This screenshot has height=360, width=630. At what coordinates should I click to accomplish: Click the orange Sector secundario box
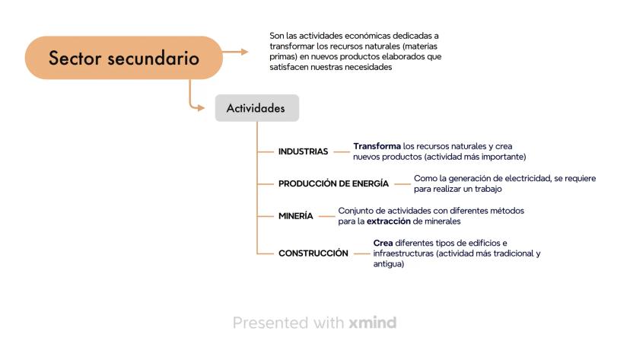[x=124, y=57]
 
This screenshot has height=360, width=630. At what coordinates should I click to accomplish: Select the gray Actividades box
[x=257, y=108]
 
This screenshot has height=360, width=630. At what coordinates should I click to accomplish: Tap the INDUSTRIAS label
[x=304, y=151]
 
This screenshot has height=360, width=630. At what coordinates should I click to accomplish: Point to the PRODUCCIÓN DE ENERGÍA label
[x=333, y=183]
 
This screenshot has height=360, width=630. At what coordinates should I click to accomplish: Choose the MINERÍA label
[x=296, y=216]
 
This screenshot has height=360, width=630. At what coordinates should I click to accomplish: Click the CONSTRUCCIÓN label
[x=313, y=253]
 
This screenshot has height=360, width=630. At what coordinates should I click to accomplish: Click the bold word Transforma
[x=377, y=146]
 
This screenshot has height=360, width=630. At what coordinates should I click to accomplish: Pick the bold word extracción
[x=389, y=221]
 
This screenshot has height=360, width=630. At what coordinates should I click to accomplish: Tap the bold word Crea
[x=383, y=243]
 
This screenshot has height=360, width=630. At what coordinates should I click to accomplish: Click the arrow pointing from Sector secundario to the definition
[x=235, y=52]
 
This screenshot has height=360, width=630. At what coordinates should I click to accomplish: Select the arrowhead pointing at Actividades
[x=201, y=107]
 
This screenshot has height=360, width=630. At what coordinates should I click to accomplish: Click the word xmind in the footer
[x=373, y=323]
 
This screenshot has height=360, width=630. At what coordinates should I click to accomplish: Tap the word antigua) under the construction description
[x=389, y=264]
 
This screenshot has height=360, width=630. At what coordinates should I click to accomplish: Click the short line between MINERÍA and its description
[x=326, y=216]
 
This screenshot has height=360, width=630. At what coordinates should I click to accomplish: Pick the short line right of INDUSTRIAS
[x=342, y=152]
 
